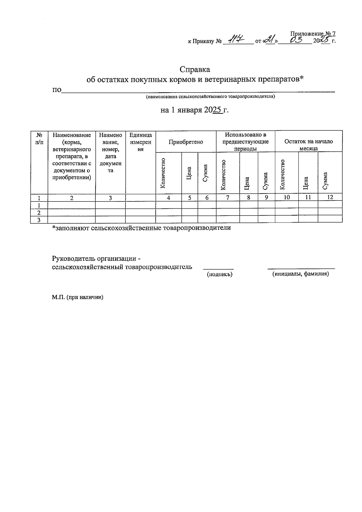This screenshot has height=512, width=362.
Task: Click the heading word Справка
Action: pyautogui.click(x=195, y=69)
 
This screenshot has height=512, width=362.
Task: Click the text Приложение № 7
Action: pyautogui.click(x=313, y=34)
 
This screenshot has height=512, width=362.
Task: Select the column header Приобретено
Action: pyautogui.click(x=186, y=142)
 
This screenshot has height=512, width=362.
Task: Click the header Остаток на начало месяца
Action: pyautogui.click(x=308, y=145)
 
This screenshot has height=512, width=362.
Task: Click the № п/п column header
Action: pyautogui.click(x=39, y=139)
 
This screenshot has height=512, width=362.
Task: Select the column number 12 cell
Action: pyautogui.click(x=330, y=198)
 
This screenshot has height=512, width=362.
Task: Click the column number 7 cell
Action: pyautogui.click(x=228, y=198)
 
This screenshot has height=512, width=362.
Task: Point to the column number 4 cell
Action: pyautogui.click(x=168, y=198)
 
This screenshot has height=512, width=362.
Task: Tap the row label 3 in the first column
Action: pyautogui.click(x=39, y=220)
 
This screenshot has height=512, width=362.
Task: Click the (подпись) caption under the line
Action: pyautogui.click(x=219, y=274)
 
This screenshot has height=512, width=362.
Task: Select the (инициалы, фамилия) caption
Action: pyautogui.click(x=300, y=274)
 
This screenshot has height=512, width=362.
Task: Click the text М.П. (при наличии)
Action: pyautogui.click(x=78, y=297)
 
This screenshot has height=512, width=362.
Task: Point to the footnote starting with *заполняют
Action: pyautogui.click(x=141, y=228)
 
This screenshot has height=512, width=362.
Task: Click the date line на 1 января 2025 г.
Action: pyautogui.click(x=195, y=110)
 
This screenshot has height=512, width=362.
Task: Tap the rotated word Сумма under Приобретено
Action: pyautogui.click(x=205, y=173)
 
